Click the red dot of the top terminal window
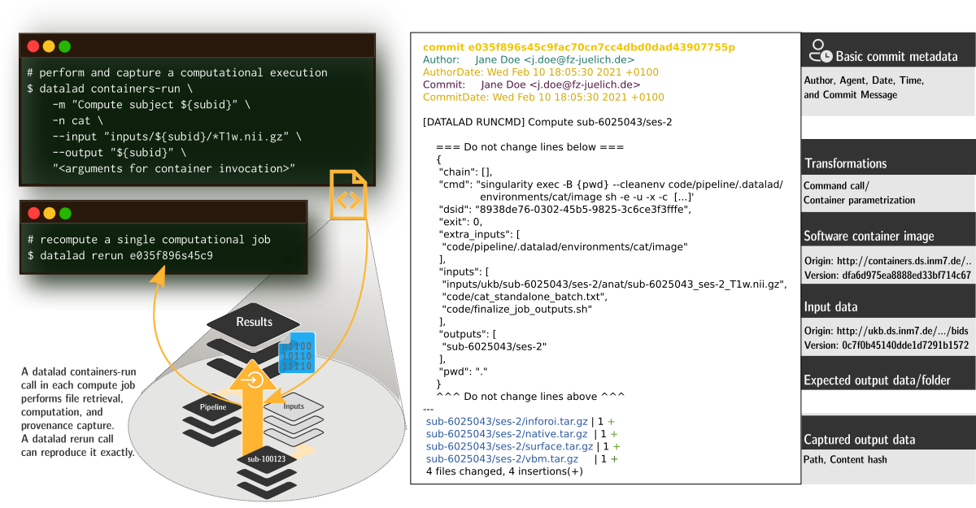[x=33, y=47]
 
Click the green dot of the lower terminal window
[x=65, y=213]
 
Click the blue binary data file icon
[x=297, y=353]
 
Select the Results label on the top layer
[x=254, y=322]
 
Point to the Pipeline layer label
[x=212, y=406]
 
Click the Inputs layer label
[x=294, y=406]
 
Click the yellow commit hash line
[x=578, y=47]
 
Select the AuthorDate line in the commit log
[x=540, y=72]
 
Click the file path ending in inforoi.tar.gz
[x=507, y=422]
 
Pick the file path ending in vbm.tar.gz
[x=502, y=459]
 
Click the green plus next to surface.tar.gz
[x=617, y=447]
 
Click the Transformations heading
[x=845, y=163]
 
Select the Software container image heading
[x=869, y=237]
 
